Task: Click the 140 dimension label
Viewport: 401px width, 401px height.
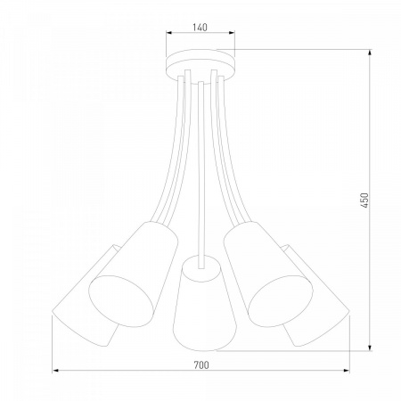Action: coord(200,28)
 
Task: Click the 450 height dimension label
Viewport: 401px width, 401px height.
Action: coord(364,200)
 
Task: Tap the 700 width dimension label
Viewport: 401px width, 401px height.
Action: coord(201,364)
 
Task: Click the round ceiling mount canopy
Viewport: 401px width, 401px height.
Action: coord(200,65)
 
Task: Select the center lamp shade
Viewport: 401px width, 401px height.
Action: coord(204,303)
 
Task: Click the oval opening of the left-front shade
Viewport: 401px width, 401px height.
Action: coord(121,301)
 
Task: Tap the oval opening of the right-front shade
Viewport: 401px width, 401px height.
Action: coord(281,301)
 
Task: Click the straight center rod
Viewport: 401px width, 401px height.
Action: coord(201,176)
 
